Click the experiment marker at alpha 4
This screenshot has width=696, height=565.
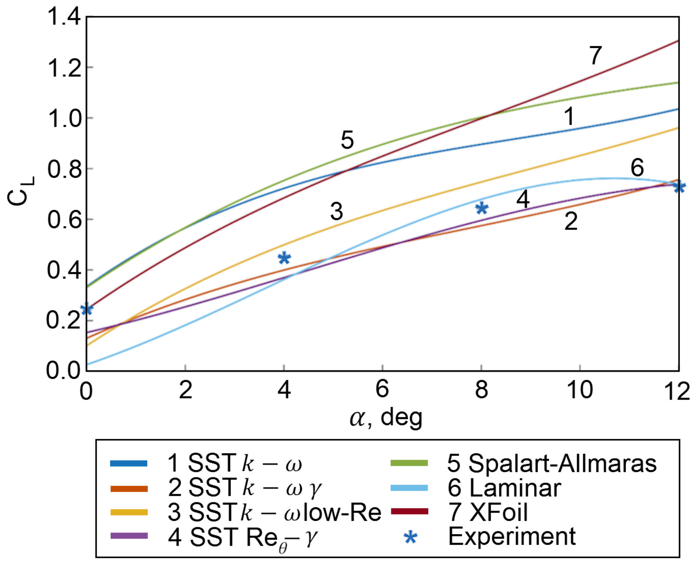(x=284, y=258)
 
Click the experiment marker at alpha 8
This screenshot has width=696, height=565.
(x=482, y=208)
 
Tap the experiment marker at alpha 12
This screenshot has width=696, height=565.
(x=679, y=187)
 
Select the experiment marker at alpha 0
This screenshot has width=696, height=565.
(x=86, y=309)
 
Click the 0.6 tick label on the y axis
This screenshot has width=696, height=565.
(x=64, y=220)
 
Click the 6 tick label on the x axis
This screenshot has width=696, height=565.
(x=382, y=389)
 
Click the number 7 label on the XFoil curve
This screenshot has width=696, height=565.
(x=595, y=55)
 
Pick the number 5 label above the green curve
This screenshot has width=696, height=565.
(x=347, y=140)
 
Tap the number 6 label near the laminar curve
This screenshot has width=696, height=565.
(x=637, y=168)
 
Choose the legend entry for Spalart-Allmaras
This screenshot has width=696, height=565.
(x=551, y=463)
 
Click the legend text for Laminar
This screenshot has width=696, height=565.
(x=505, y=488)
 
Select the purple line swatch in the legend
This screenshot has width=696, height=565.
(x=129, y=536)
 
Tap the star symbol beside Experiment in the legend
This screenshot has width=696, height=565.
(x=411, y=537)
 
